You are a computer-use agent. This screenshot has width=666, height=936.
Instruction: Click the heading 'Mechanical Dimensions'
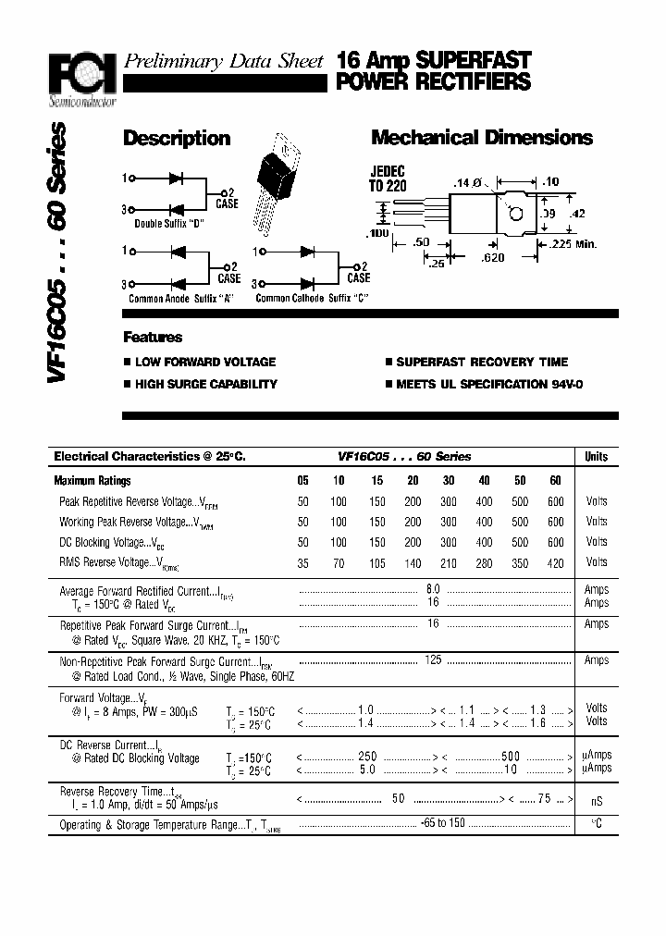[481, 138]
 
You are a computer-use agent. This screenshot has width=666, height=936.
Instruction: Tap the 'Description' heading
[177, 139]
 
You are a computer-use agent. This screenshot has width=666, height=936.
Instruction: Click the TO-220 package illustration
[283, 176]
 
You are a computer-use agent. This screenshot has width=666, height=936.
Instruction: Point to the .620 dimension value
[493, 258]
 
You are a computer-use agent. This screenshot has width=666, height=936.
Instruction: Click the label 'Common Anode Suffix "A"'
[182, 299]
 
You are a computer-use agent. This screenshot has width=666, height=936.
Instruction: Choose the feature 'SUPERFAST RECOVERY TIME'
[482, 362]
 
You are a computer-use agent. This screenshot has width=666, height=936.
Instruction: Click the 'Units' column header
[597, 456]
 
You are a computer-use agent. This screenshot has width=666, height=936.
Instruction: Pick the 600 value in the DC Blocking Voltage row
[555, 542]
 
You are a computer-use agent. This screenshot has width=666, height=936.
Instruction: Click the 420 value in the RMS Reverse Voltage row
[555, 562]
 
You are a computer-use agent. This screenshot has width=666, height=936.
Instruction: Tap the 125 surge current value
[432, 659]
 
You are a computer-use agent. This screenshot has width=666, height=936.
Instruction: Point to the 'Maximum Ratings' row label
[92, 481]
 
